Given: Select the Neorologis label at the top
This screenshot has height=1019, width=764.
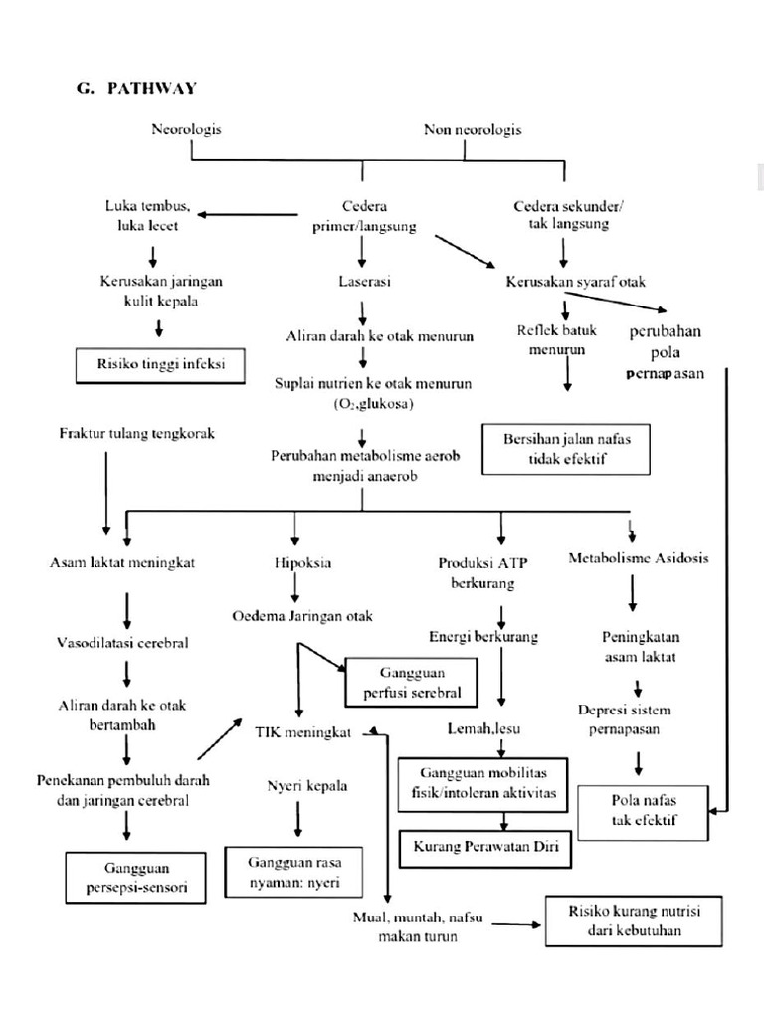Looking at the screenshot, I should [x=186, y=129].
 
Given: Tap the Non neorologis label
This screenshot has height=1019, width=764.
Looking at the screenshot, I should [x=473, y=129].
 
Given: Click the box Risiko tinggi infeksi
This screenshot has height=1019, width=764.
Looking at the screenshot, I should [x=162, y=364].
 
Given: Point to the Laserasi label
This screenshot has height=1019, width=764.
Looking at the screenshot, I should [x=364, y=282].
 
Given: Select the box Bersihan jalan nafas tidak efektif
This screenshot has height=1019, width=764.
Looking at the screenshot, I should [x=564, y=449].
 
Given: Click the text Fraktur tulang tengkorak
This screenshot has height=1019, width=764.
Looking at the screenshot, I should [x=137, y=433].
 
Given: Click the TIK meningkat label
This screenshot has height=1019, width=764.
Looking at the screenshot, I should [x=302, y=733].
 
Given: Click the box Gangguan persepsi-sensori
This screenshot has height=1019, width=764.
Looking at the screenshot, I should [x=137, y=876].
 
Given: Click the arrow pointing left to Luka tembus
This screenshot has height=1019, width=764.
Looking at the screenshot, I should [x=248, y=213].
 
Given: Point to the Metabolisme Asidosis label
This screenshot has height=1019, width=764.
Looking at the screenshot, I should [x=638, y=558].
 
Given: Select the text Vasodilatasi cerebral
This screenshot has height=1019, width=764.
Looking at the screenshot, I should [x=123, y=643].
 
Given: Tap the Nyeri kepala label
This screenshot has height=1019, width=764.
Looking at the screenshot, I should [x=307, y=786].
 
